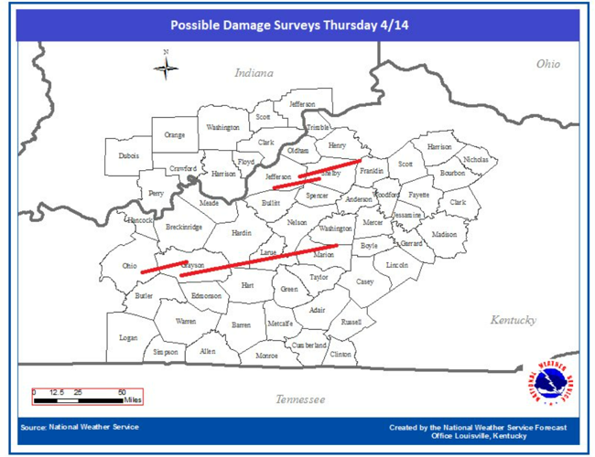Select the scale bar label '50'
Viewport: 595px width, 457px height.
click(122, 391)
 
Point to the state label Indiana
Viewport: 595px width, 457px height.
click(254, 72)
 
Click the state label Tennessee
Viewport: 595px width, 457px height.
click(300, 399)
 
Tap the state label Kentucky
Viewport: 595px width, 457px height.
click(513, 320)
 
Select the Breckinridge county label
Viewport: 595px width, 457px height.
click(184, 227)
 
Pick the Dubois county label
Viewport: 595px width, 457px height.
click(129, 156)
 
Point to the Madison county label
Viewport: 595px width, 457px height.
click(444, 234)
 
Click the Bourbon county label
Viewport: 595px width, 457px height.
click(452, 173)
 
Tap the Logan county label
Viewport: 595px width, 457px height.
click(128, 337)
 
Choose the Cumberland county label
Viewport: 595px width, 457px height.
click(308, 345)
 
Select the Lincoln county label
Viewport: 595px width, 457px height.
click(397, 264)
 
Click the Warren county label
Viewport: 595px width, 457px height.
click(185, 322)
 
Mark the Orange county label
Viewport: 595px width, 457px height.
click(174, 134)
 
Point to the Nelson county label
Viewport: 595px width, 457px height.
click(297, 222)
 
